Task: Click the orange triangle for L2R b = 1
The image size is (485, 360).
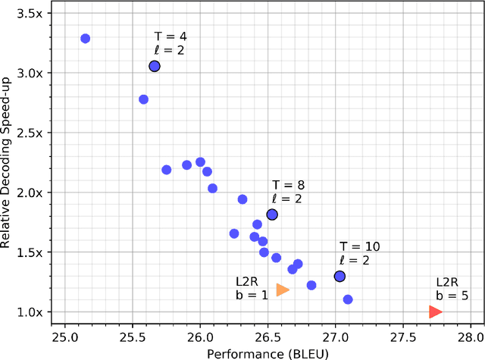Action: click(283, 290)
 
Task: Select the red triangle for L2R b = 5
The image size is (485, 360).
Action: click(435, 311)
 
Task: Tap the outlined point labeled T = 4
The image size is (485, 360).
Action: click(155, 67)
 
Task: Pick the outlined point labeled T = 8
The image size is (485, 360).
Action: click(272, 214)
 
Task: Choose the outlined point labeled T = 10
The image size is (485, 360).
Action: click(339, 277)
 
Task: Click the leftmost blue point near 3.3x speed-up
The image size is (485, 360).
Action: click(85, 39)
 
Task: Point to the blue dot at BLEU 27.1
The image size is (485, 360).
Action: click(348, 299)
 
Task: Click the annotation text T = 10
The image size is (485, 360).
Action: click(359, 246)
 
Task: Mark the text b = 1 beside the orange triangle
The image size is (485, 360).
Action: click(252, 295)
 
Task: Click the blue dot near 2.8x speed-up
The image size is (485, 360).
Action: click(143, 99)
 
